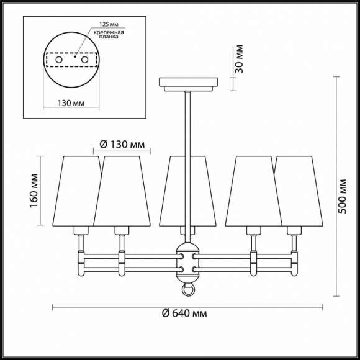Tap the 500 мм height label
(x=343, y=196)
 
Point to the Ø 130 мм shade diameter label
(x=122, y=145)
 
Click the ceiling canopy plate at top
(x=188, y=82)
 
